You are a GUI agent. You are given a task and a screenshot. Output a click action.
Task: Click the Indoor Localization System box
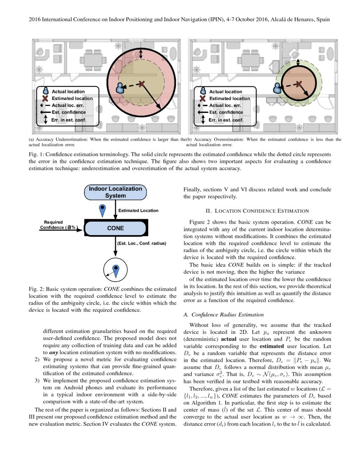(x=116, y=192)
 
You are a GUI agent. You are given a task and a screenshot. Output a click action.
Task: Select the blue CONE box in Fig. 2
(x=116, y=228)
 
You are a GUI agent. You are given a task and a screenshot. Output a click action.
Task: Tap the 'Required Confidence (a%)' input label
(x=58, y=225)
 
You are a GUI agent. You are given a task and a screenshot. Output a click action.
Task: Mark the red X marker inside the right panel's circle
(x=299, y=84)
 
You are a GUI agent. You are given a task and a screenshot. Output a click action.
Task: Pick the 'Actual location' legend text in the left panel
(x=68, y=92)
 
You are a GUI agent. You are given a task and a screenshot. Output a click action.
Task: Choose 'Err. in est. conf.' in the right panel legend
(x=226, y=120)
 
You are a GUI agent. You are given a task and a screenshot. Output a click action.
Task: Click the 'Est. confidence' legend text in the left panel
(x=69, y=112)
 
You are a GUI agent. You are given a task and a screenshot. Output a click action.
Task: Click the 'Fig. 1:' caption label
(x=36, y=155)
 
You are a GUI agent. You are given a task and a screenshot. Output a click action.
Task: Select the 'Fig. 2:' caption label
(x=36, y=289)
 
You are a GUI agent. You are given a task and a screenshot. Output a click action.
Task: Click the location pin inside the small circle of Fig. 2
(x=116, y=269)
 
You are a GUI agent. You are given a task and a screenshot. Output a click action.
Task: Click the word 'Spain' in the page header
(x=322, y=19)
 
